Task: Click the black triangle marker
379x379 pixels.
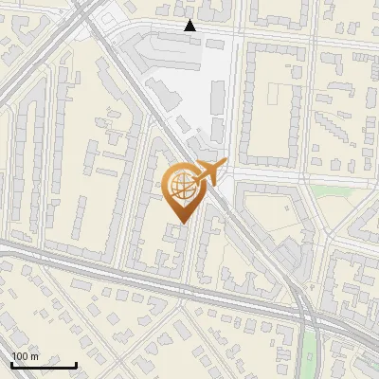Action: pyautogui.click(x=190, y=26)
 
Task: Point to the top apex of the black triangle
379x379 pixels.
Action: pyautogui.click(x=190, y=20)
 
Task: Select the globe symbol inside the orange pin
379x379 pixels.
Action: pyautogui.click(x=182, y=187)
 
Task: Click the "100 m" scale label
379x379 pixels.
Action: pyautogui.click(x=25, y=356)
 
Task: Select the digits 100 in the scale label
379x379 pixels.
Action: pyautogui.click(x=20, y=356)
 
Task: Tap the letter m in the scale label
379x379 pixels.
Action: pyautogui.click(x=34, y=356)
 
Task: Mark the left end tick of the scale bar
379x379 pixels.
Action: pyautogui.click(x=11, y=364)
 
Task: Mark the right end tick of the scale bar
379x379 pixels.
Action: pyautogui.click(x=76, y=364)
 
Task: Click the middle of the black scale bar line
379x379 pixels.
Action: pyautogui.click(x=44, y=366)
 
